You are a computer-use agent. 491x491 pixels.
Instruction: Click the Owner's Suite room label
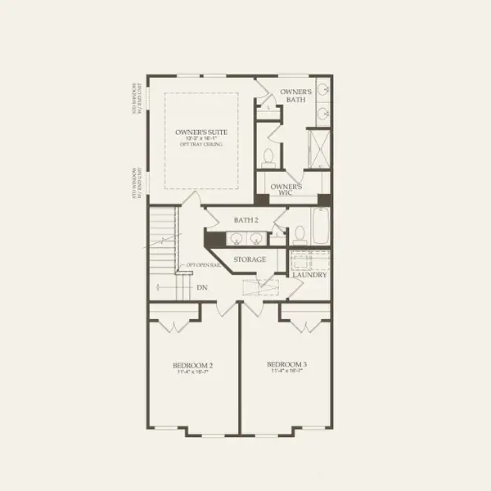pos(200,132)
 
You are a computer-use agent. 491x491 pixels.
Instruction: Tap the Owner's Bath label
pos(295,96)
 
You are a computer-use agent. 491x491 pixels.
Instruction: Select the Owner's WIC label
pos(286,191)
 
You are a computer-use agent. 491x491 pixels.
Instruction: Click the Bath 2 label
pos(245,220)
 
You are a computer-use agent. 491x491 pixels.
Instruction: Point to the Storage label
pos(250,259)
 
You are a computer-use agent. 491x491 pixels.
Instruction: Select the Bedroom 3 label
pos(286,364)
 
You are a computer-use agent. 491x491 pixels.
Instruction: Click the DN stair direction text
pos(202,287)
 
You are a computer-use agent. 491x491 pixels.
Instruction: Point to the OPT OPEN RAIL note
pos(204,265)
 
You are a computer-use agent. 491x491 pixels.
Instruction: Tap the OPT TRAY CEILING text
pos(200,145)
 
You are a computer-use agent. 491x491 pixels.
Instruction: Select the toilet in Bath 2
pos(298,234)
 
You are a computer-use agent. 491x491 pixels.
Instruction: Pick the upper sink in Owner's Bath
pos(322,90)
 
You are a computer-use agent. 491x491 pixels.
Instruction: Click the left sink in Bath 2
pos(235,239)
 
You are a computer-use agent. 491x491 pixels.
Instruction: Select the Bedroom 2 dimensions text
pos(193,372)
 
